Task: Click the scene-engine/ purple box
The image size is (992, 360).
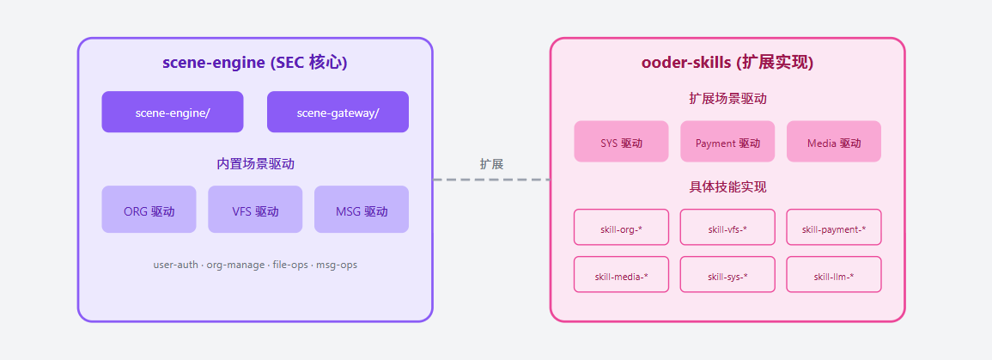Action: pyautogui.click(x=172, y=112)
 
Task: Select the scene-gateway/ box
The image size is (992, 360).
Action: pyautogui.click(x=338, y=112)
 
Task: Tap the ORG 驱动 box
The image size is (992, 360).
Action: pyautogui.click(x=149, y=210)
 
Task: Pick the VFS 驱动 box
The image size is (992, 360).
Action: pyautogui.click(x=255, y=210)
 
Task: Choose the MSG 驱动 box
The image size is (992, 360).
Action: pyautogui.click(x=361, y=210)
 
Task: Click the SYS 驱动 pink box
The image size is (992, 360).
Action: pyautogui.click(x=621, y=142)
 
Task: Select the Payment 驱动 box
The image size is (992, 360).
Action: pyautogui.click(x=727, y=142)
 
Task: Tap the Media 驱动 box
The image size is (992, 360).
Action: pyautogui.click(x=833, y=142)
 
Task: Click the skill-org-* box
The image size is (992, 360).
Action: pyautogui.click(x=621, y=228)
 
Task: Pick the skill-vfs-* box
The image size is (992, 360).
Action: pyautogui.click(x=727, y=228)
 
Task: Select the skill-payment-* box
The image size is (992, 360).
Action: pyautogui.click(x=833, y=228)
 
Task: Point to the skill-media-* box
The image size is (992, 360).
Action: pyautogui.click(x=621, y=275)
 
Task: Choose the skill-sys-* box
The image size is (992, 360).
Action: pyautogui.click(x=727, y=275)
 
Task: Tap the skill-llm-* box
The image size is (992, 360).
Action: pyautogui.click(x=833, y=275)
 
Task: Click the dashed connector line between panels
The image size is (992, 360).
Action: pyautogui.click(x=491, y=180)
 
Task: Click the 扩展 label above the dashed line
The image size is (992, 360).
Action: pyautogui.click(x=491, y=163)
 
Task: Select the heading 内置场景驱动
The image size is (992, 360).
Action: pyautogui.click(x=255, y=163)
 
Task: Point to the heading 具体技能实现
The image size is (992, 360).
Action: pyautogui.click(x=727, y=186)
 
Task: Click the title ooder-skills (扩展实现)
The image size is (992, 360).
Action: pyautogui.click(x=727, y=63)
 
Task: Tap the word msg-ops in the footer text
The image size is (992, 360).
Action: pyautogui.click(x=337, y=265)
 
